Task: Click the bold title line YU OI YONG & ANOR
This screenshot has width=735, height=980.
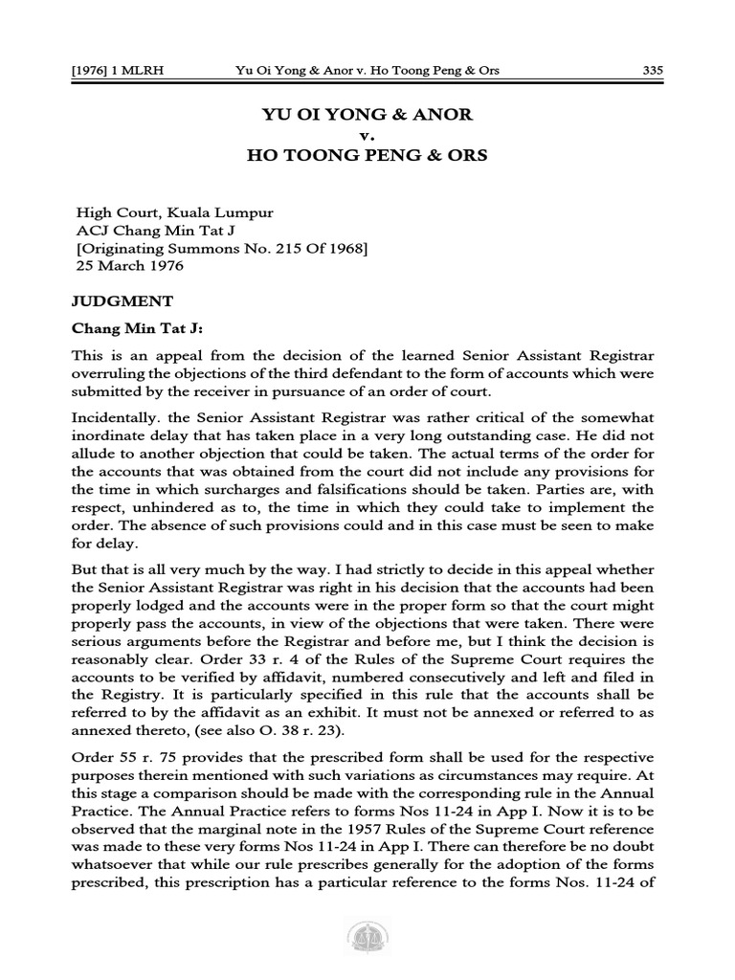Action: (x=367, y=116)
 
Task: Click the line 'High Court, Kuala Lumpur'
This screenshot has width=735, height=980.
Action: (x=165, y=215)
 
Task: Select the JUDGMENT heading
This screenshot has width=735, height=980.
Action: (x=122, y=300)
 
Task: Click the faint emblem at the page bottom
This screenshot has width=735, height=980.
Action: (x=367, y=942)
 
